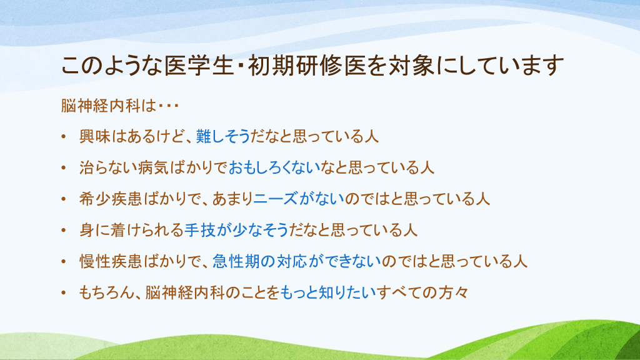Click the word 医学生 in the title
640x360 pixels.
(x=199, y=66)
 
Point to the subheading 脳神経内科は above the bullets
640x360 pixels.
(x=109, y=106)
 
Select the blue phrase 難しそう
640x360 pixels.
(x=223, y=136)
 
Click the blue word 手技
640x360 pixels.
(x=199, y=230)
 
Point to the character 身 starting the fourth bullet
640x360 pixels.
(x=87, y=230)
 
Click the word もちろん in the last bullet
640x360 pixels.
(x=106, y=292)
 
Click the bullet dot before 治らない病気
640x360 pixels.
(x=64, y=167)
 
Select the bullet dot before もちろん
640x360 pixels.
(x=64, y=292)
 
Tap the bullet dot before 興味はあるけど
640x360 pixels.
(x=64, y=136)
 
